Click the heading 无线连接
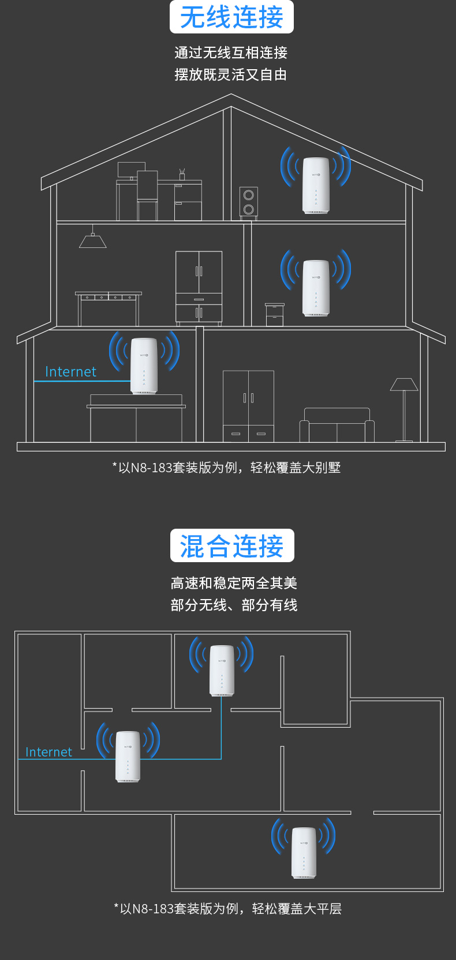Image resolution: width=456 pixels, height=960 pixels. (x=231, y=17)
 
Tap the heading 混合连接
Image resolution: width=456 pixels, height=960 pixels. (x=232, y=546)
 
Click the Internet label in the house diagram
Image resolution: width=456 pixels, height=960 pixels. (x=70, y=372)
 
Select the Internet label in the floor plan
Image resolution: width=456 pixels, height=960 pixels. (x=48, y=752)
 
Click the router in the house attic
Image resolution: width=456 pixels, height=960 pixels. (x=316, y=185)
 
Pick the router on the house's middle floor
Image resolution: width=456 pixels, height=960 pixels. (x=316, y=288)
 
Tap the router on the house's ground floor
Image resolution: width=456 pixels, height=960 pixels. (x=144, y=366)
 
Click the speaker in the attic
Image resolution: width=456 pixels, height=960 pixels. (x=249, y=203)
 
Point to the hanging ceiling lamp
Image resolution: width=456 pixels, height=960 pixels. (x=93, y=239)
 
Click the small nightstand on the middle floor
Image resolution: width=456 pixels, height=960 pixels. (x=275, y=315)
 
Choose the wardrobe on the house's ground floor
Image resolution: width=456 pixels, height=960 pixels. (x=248, y=406)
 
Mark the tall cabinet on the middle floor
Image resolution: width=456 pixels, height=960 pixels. (x=199, y=286)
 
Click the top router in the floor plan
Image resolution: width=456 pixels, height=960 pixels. (x=222, y=671)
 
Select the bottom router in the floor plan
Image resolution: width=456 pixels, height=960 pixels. (x=304, y=853)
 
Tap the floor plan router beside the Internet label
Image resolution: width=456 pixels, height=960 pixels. (x=128, y=756)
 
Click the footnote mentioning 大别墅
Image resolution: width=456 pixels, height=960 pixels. (x=227, y=468)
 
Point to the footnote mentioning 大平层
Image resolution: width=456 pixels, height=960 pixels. (x=228, y=909)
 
